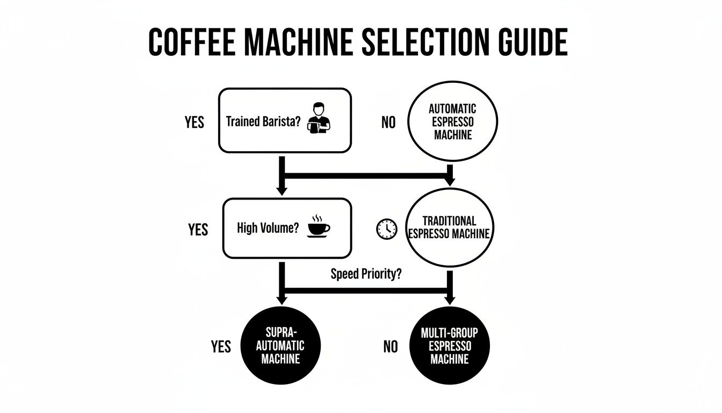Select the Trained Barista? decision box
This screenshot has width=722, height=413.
(285, 121)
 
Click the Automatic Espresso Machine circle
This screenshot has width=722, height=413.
(452, 122)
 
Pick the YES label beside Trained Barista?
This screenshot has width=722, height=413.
(194, 123)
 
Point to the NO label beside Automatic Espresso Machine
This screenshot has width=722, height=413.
(388, 123)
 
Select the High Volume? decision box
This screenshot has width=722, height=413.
(286, 228)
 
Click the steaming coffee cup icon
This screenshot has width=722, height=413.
(319, 226)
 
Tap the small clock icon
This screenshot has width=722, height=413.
(385, 229)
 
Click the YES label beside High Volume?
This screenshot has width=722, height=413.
(198, 230)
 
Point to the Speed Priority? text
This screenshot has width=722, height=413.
(366, 273)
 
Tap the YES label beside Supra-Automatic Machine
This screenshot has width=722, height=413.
(220, 347)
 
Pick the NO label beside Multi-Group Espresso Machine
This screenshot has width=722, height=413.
(391, 347)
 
